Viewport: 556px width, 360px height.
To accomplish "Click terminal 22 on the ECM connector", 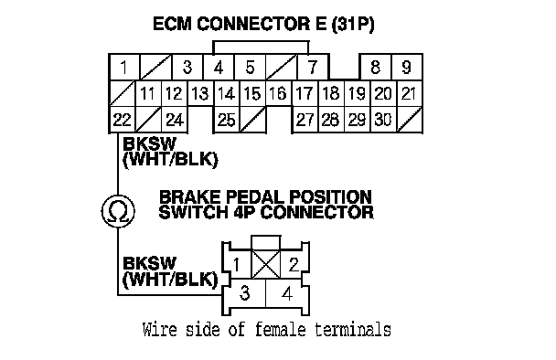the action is tap(123, 120).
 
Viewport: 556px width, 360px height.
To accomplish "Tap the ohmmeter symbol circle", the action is tap(118, 211).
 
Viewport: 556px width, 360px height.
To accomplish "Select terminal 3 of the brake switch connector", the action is tap(244, 293).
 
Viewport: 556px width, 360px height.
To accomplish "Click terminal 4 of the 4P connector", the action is tap(287, 293).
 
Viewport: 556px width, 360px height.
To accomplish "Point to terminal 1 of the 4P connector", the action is tap(237, 264).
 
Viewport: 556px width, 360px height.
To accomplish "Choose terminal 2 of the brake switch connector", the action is tap(294, 264).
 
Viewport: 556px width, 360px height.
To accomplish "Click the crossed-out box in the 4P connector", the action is tap(265, 264).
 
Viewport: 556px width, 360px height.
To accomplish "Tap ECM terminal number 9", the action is tap(407, 67).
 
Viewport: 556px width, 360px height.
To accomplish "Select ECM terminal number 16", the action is tap(278, 93).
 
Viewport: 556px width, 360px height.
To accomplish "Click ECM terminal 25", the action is tap(227, 120).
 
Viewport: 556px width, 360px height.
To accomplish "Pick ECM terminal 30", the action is tap(383, 120).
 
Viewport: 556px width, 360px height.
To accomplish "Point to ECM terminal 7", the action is tap(313, 67).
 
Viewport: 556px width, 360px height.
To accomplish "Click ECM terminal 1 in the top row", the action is tap(124, 67).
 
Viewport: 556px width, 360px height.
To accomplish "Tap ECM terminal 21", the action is tap(409, 93).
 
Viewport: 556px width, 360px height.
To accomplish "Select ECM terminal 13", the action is tap(200, 93).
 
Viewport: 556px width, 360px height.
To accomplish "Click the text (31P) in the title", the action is tap(353, 24).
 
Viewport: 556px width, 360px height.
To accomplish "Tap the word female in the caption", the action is tap(280, 330).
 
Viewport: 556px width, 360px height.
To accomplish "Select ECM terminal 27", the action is tap(305, 120).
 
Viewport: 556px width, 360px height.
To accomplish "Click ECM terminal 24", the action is tap(175, 120).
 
